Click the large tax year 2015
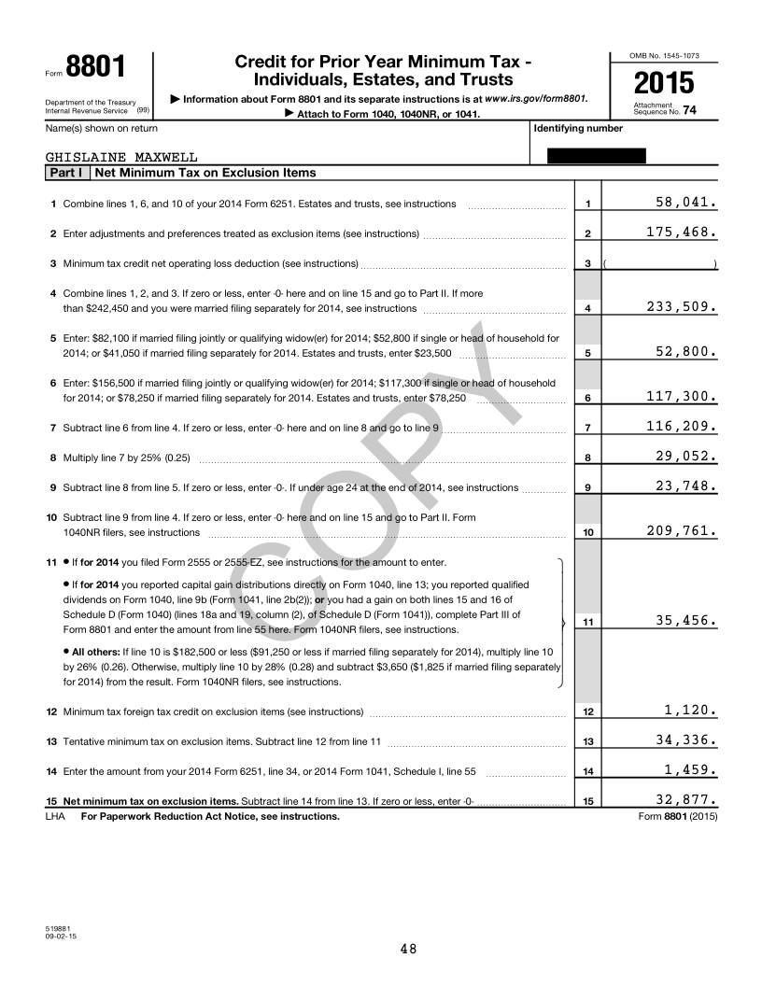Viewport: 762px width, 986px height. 664,83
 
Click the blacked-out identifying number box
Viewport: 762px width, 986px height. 596,156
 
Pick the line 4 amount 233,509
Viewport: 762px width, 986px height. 681,305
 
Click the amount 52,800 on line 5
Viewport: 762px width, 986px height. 685,352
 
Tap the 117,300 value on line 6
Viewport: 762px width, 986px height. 681,397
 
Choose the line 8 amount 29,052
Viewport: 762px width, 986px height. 685,457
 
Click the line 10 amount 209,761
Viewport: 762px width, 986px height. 681,531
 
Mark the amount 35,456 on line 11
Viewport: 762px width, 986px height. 685,619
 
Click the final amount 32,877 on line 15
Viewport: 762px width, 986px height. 685,799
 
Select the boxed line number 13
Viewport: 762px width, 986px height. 587,741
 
